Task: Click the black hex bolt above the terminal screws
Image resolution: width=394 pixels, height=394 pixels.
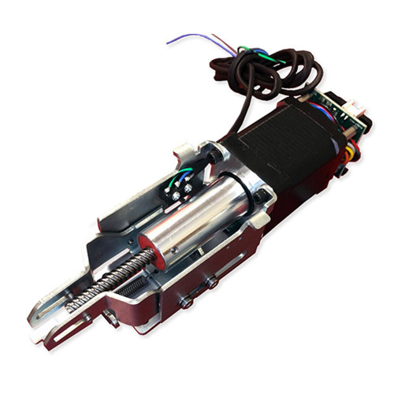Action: click(214, 157)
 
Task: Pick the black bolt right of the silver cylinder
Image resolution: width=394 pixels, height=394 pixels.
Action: click(258, 194)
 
